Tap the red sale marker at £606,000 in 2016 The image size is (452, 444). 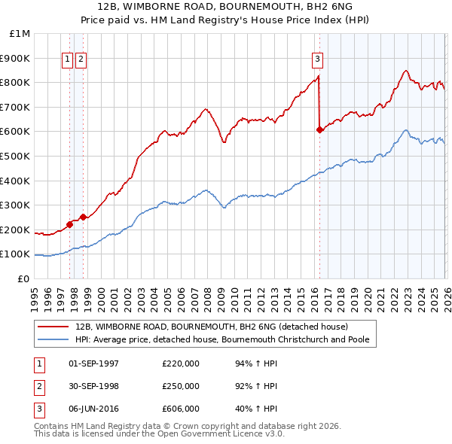coord(319,129)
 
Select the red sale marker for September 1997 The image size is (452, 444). coord(69,224)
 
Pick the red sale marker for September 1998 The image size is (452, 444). coord(84,217)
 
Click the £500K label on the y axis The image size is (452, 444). coord(17,156)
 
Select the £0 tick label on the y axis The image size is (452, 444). coord(23,278)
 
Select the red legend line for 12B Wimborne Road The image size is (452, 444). coord(53,327)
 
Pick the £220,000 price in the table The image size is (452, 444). coord(180,363)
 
